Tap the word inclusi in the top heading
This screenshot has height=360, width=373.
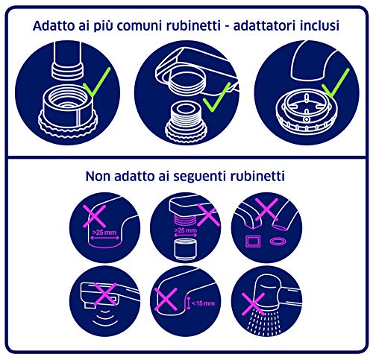tap(318, 25)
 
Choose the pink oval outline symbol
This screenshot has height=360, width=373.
tap(279, 241)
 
